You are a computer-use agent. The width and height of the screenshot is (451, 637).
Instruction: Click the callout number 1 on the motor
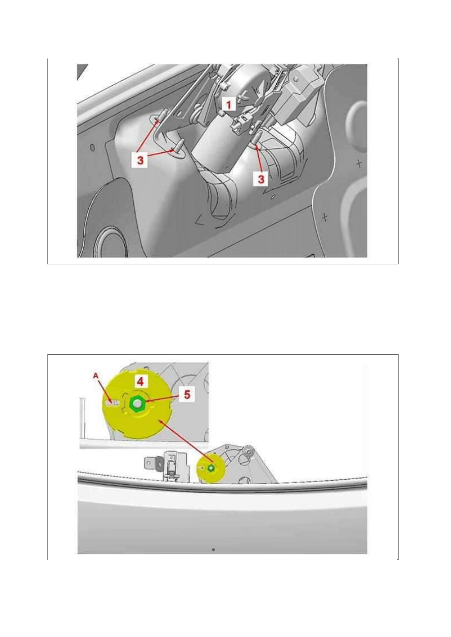pos(229,104)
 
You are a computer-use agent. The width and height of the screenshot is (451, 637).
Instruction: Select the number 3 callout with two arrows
pos(140,160)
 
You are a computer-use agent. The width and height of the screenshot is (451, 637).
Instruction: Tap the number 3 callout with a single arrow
pos(261,179)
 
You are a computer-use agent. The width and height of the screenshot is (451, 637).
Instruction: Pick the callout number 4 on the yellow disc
pos(140,381)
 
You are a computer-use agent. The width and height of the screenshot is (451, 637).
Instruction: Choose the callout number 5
pos(187,394)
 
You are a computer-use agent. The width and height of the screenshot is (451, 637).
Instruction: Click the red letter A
pos(95,376)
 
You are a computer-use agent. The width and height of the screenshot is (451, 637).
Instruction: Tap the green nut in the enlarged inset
pos(137,403)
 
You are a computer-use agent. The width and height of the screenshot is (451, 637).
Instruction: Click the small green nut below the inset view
pos(211,468)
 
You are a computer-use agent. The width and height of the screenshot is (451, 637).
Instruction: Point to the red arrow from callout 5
pos(163,399)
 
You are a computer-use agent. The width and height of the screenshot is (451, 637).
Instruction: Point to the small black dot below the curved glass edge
pos(214,549)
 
